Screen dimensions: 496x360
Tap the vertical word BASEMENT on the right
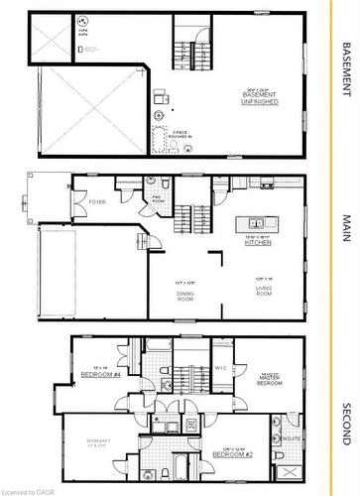coord(346,68)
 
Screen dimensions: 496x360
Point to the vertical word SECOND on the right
coord(346,425)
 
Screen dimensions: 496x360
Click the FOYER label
coord(97,202)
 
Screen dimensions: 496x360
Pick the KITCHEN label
coord(259,242)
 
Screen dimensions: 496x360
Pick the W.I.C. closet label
coord(222,368)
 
